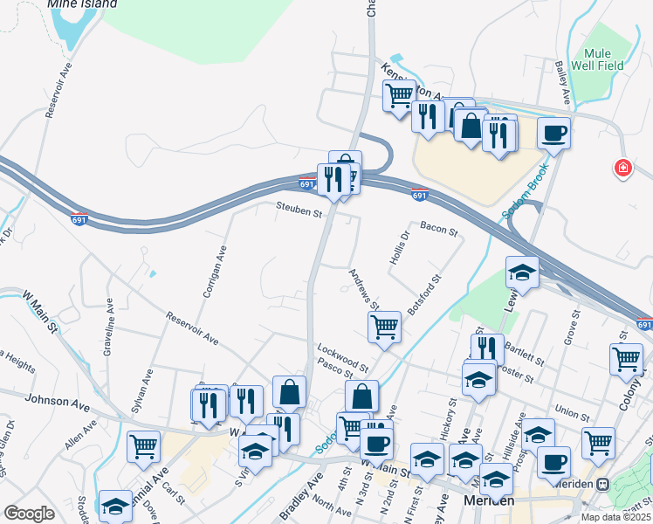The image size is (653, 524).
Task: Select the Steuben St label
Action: pos(299,210)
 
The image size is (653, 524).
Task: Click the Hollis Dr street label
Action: pos(404,248)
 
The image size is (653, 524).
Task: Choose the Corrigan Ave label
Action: pos(215,272)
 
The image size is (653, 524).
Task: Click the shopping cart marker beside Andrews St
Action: pos(384,327)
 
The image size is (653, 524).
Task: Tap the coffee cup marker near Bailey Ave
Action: pos(553,134)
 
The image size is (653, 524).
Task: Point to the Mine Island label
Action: pos(82,4)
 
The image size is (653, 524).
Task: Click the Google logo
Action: pos(29,514)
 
